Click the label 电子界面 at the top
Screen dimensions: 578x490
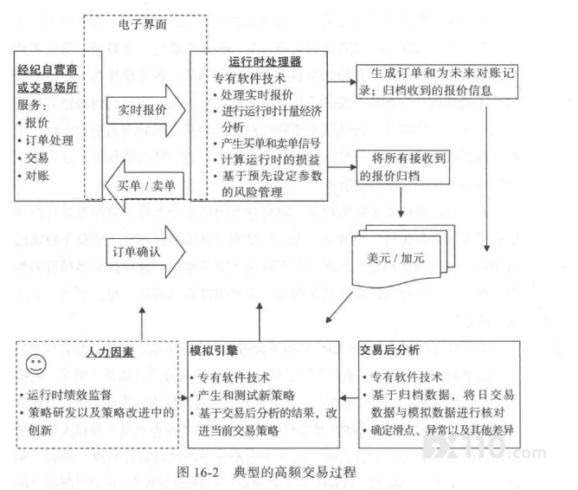143,25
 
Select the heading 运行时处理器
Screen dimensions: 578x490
265,61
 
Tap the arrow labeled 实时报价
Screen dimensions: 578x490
146,110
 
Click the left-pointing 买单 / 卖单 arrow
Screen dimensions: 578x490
144,185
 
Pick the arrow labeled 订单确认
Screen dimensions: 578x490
146,252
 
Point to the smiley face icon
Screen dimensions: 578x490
36,364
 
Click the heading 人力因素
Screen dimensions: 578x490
110,352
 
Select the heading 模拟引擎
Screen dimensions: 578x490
214,351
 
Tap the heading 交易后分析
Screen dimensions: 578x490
389,350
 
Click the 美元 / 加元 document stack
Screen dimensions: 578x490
403,255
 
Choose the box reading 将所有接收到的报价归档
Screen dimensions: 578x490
403,167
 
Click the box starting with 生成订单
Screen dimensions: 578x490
437,81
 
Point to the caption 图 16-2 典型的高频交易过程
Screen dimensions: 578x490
267,472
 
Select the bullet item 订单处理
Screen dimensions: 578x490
46,140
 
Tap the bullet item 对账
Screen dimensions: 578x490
33,176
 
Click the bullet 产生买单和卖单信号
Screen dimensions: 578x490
267,144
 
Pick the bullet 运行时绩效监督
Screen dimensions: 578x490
67,395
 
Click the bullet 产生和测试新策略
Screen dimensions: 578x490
242,395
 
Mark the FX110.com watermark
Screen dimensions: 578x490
485,448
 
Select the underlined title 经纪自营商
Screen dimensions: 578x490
48,69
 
